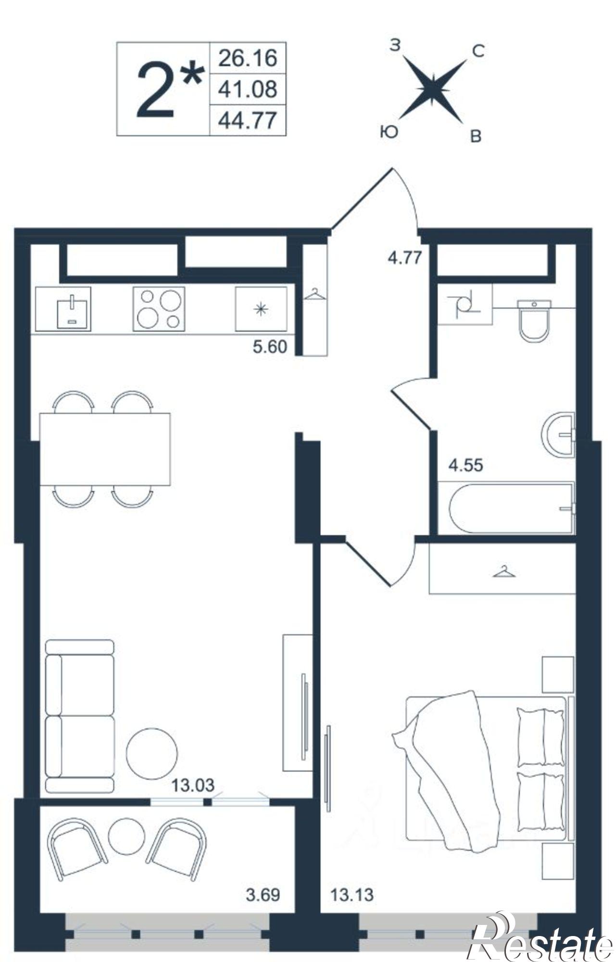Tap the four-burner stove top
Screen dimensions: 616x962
coord(159,308)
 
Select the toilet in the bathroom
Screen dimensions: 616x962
coord(534,321)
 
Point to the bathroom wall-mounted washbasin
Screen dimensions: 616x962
coord(558,435)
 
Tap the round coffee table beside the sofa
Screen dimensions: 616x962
coord(152,754)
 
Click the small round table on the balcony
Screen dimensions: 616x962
coord(126,836)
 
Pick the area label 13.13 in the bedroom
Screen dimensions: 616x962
coord(352,895)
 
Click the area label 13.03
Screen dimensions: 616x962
coord(193,785)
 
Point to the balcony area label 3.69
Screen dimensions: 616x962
coord(263,895)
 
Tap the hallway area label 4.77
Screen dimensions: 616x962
coord(405,258)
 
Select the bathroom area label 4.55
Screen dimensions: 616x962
coord(465,465)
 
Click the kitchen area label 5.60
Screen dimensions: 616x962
coord(270,346)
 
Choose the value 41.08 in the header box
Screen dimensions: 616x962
coord(248,89)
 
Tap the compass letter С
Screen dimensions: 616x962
coord(478,51)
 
